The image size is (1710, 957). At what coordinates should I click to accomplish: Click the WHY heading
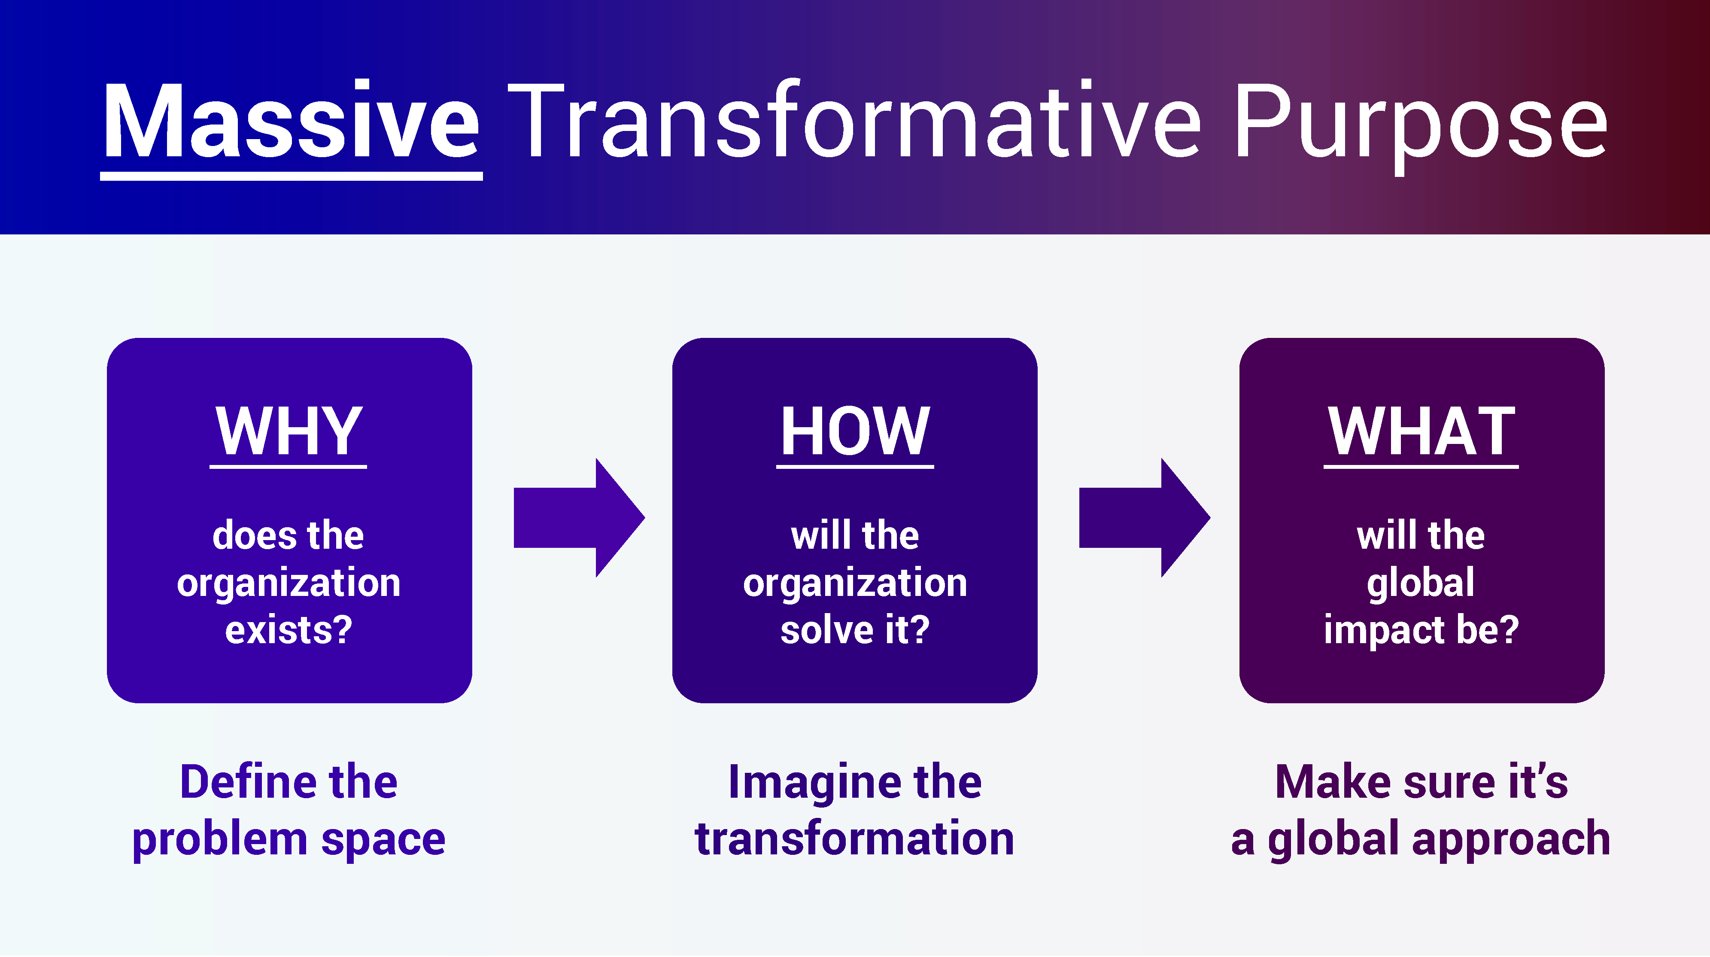point(289,431)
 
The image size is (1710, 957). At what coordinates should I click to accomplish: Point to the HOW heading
point(855,431)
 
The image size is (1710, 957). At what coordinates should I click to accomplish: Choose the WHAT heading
point(1421,431)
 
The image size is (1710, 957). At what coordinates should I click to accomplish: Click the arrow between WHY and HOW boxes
point(579,518)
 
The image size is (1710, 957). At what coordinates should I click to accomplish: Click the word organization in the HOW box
point(855,583)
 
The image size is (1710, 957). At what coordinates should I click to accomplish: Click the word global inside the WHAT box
point(1421,583)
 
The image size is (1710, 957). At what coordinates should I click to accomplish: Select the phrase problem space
point(289,839)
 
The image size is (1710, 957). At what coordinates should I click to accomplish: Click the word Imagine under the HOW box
point(814,782)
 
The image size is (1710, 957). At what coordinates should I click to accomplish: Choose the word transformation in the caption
point(855,839)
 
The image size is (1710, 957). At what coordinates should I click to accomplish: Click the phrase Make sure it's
point(1421,782)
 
